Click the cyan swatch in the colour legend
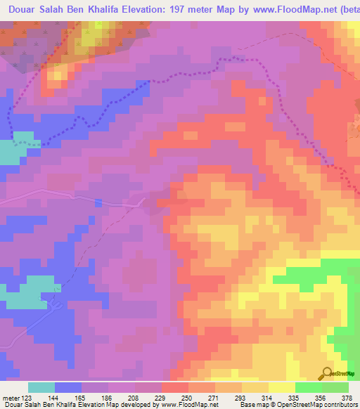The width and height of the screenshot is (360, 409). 41,387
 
